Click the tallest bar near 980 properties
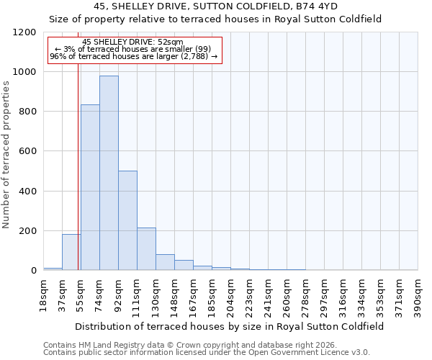tap(109, 173)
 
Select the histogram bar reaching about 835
tap(90, 187)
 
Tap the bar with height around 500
tap(127, 220)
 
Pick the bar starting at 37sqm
tap(71, 252)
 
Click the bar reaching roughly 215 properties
tap(146, 248)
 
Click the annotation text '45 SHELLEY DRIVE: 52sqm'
tap(133, 42)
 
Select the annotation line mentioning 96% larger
tap(133, 55)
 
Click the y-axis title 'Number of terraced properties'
tap(6, 154)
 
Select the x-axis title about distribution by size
tap(230, 326)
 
